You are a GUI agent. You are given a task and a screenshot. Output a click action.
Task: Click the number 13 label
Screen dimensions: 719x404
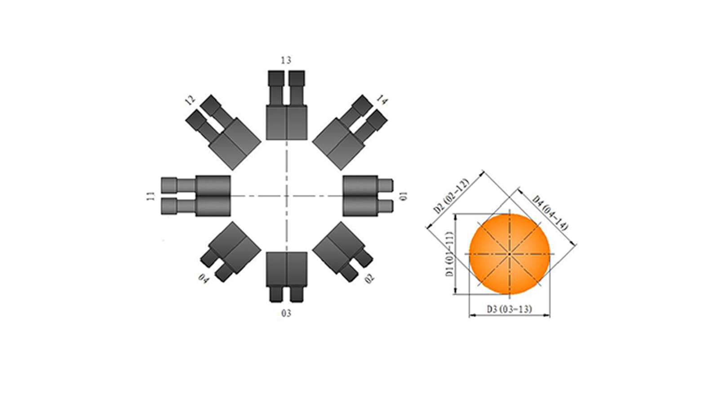tap(286, 60)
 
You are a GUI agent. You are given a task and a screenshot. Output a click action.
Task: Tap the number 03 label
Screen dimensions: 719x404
tap(286, 313)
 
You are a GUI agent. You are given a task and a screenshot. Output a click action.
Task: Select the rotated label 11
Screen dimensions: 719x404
tap(151, 196)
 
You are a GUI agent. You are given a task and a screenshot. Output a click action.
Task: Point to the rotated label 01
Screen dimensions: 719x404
tap(404, 196)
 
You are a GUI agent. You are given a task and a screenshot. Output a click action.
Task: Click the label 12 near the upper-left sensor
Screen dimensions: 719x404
tap(191, 101)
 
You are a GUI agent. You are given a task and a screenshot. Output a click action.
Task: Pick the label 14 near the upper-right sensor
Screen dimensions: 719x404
tap(382, 100)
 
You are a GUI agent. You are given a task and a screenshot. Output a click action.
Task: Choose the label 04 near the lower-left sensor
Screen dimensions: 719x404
tap(204, 278)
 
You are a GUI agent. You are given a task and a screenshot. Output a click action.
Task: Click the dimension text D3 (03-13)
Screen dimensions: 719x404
tap(510, 309)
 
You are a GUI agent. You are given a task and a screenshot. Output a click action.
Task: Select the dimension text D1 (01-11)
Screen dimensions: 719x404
tap(450, 254)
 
